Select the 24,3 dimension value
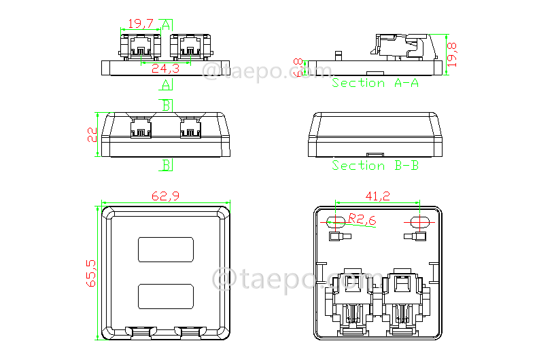(165, 69)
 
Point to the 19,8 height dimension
(455, 54)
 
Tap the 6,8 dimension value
(298, 68)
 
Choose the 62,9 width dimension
(166, 196)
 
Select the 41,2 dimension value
(377, 196)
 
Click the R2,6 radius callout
(362, 219)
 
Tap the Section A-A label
(375, 83)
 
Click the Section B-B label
(375, 165)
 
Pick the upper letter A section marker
(166, 24)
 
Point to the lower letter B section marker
(166, 165)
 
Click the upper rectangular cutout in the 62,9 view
(166, 249)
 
